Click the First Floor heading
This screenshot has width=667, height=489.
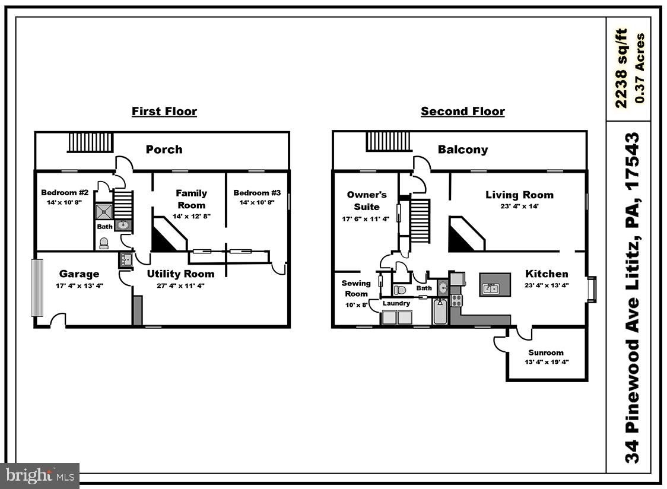tap(164, 111)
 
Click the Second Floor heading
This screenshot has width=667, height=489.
tap(463, 111)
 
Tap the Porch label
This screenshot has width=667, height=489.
tap(164, 150)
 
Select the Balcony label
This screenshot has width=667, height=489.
tap(463, 150)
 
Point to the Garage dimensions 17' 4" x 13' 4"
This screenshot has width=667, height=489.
tap(79, 285)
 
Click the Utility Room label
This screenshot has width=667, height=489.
tap(180, 274)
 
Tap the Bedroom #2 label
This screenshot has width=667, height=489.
tap(65, 192)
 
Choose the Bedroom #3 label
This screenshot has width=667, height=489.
tap(257, 192)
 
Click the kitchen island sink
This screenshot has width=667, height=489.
tap(491, 289)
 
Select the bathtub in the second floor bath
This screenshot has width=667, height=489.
tap(440, 311)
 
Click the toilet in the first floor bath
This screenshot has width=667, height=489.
tap(103, 243)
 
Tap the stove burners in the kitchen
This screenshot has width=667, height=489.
tap(456, 300)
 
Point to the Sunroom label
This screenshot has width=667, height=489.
tap(546, 353)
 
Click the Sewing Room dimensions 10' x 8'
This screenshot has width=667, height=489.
tap(356, 304)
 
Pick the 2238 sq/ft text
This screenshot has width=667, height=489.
tap(621, 68)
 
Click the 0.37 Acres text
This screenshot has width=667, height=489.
tap(639, 68)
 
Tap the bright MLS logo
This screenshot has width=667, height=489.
tap(40, 475)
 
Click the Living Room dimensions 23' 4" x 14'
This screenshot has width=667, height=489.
tap(519, 207)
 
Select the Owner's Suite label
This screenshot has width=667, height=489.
tap(367, 201)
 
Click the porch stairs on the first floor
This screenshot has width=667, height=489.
tap(91, 142)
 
